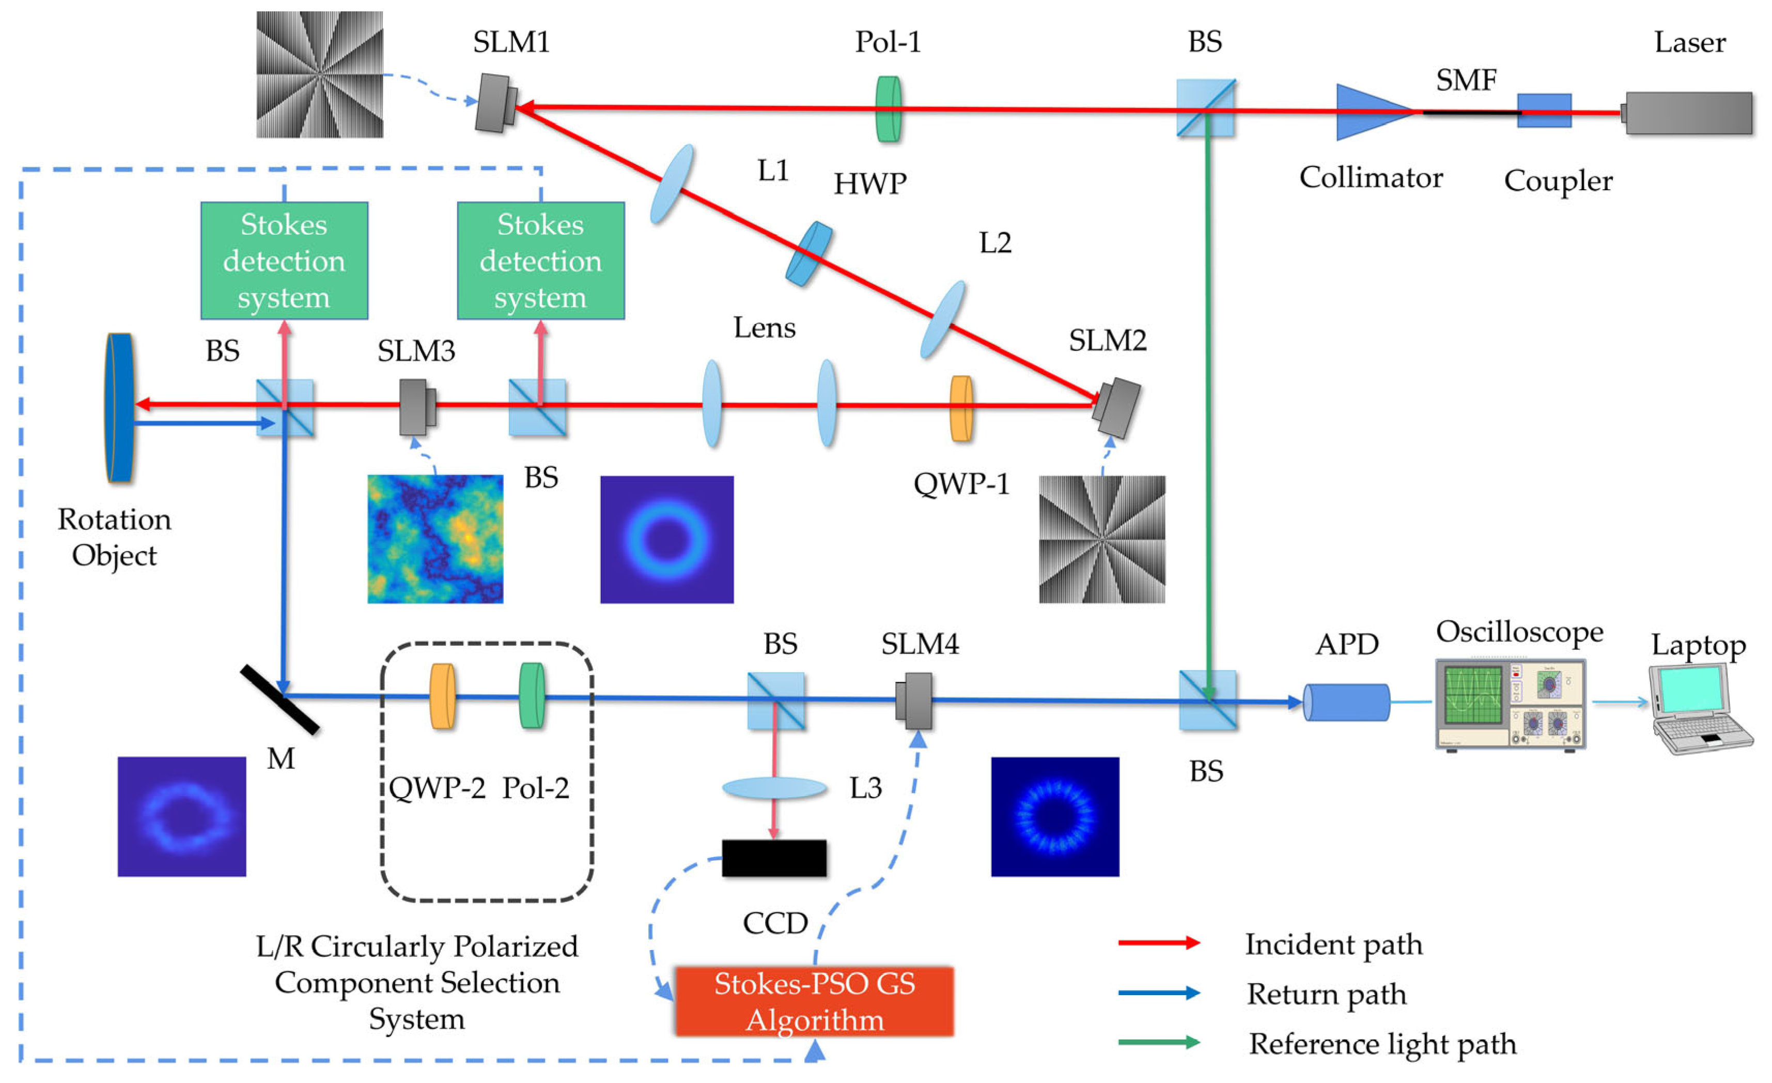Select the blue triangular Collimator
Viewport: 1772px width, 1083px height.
click(x=1370, y=112)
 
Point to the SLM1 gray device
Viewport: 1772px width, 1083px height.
click(x=495, y=103)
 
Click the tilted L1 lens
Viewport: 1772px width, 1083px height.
click(x=672, y=184)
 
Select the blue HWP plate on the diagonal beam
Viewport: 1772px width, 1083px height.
click(x=809, y=253)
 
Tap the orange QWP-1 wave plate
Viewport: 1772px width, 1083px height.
click(x=961, y=408)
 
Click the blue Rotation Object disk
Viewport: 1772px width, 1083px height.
click(x=119, y=407)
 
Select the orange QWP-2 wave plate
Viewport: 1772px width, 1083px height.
click(x=442, y=696)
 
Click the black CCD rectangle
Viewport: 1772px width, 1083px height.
click(x=774, y=858)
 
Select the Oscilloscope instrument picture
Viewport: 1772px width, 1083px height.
click(x=1510, y=704)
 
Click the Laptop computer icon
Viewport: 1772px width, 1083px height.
click(x=1700, y=709)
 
